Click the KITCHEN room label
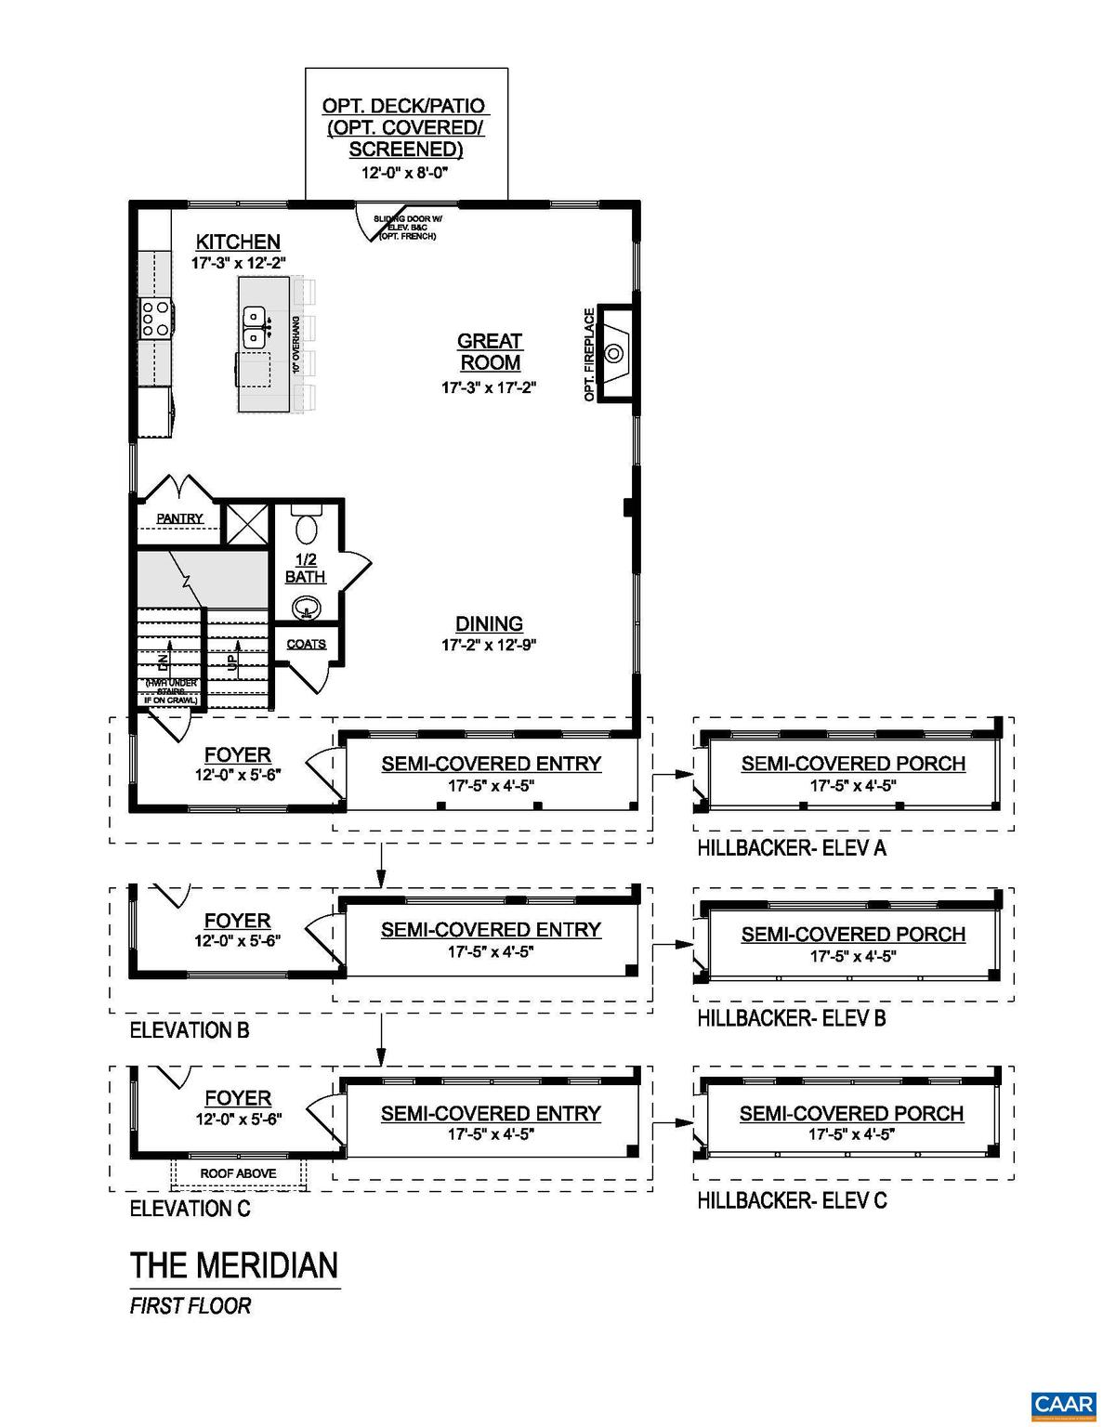tap(238, 242)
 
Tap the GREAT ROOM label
tap(490, 352)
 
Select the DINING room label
tap(489, 624)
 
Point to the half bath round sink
tap(305, 609)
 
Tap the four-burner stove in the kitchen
tap(154, 319)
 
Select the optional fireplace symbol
tap(614, 352)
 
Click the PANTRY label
tap(179, 518)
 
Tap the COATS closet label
tap(306, 644)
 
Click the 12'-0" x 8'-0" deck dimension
tap(406, 173)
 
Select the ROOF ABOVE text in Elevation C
tap(238, 1173)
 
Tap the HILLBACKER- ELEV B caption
tap(792, 1018)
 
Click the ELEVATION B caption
tap(190, 1030)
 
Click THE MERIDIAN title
tap(234, 1265)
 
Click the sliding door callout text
tap(407, 228)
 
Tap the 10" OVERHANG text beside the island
tap(296, 344)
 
